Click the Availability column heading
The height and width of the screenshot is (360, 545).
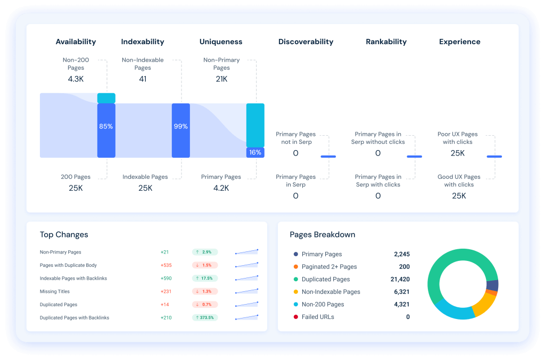[x=76, y=42]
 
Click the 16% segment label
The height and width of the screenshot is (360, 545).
[x=255, y=152]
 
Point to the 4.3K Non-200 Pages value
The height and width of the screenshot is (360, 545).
[x=76, y=79]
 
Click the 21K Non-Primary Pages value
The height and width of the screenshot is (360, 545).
[x=221, y=79]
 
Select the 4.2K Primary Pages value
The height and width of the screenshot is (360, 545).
[x=221, y=188]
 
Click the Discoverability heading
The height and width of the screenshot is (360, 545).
[x=305, y=42]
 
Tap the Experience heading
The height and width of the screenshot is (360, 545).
[x=459, y=42]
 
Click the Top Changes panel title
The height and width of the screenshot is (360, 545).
[x=64, y=234]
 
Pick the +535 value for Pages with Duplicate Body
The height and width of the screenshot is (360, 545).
[x=166, y=265]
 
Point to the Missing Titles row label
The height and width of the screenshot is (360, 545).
[x=55, y=291]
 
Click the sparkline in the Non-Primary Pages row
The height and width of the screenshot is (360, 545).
[x=246, y=252]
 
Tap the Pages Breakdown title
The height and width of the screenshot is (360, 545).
[x=322, y=234]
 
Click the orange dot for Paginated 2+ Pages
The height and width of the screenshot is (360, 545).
[x=296, y=267]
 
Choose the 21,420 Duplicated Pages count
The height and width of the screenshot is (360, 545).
[x=398, y=279]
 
